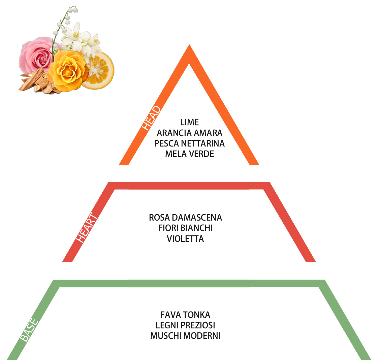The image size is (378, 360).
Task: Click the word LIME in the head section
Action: click(x=189, y=122)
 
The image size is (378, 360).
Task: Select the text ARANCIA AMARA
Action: click(x=189, y=133)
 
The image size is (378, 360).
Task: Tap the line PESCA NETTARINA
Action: click(x=189, y=143)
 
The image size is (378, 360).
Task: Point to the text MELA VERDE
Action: click(x=189, y=154)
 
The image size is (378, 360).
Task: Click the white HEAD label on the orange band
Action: click(x=151, y=118)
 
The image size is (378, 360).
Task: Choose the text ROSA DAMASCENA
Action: click(x=185, y=218)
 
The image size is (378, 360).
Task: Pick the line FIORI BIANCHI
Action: click(x=185, y=228)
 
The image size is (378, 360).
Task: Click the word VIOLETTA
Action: click(x=185, y=238)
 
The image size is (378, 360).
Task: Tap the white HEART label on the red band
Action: click(x=87, y=227)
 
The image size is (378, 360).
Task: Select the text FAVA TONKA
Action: click(x=185, y=315)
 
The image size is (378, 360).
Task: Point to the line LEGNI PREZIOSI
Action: click(x=185, y=325)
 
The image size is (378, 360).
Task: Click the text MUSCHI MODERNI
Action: click(x=185, y=336)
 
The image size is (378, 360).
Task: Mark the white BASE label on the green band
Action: click(x=29, y=330)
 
